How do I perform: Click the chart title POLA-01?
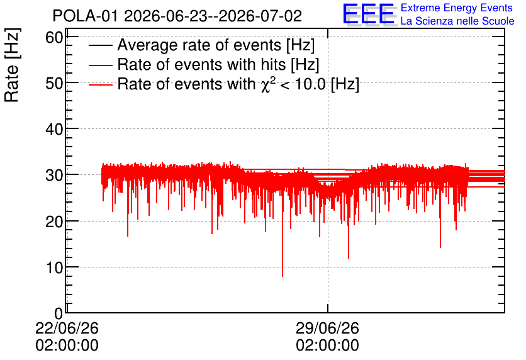85,16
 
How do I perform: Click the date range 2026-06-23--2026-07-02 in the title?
213,16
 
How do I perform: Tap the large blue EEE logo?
369,14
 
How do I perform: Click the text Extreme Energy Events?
457,8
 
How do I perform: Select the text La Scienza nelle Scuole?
457,21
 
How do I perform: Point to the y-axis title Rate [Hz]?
12,65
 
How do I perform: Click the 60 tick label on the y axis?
54,37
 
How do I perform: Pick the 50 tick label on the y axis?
54,83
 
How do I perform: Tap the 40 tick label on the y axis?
54,129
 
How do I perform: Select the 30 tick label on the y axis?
54,175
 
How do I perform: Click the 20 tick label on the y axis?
54,222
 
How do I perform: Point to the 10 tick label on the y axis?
54,267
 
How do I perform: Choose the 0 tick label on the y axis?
59,314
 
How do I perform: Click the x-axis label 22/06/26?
67,329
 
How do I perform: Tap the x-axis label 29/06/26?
327,329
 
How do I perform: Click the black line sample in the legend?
100,45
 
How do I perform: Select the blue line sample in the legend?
100,65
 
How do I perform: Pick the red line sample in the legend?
100,84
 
